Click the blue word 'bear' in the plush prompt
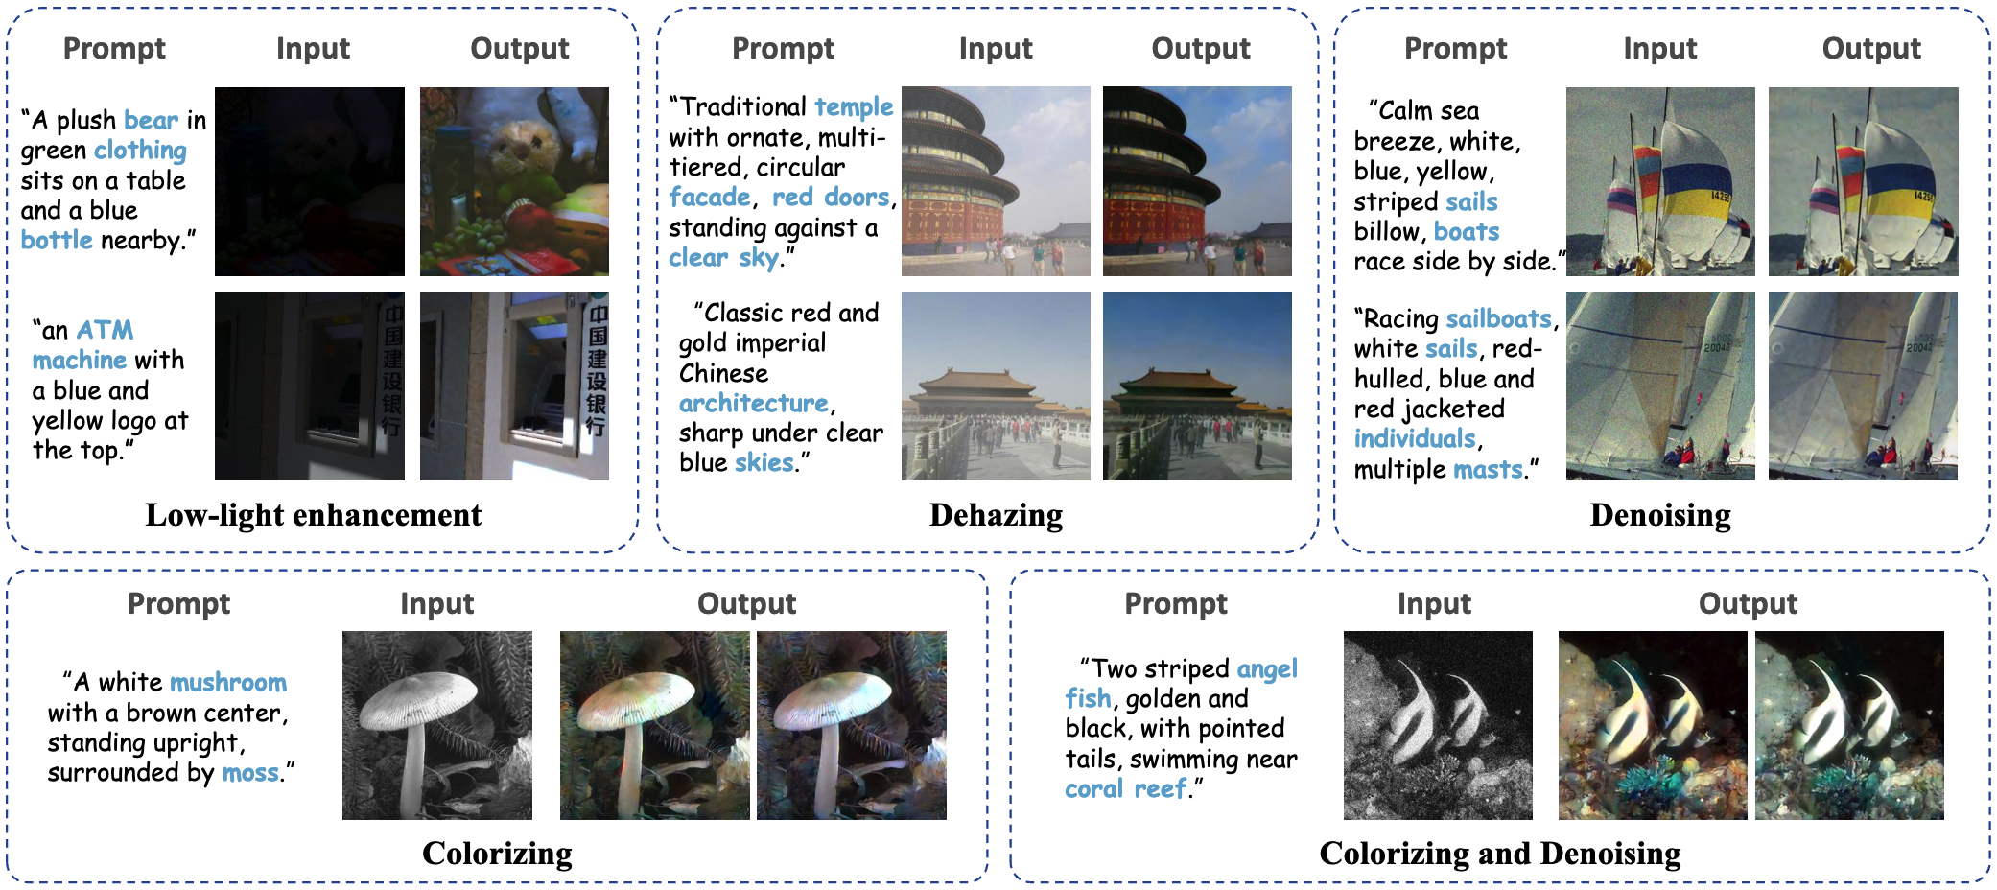pos(151,121)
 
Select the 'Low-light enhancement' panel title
pos(314,515)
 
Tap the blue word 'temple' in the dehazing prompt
pos(853,106)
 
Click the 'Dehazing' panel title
pos(996,515)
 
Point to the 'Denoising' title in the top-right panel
pos(1659,515)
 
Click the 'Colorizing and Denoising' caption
pos(1499,853)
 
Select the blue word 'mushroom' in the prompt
pos(227,682)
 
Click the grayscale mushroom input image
pos(436,725)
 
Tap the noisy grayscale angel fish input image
pos(1437,725)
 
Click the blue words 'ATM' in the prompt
pos(105,330)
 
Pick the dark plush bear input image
pos(309,181)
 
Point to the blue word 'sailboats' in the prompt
pos(1498,318)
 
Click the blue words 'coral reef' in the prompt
pos(1126,789)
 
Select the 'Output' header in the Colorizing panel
pos(746,603)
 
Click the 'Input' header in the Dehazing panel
pos(996,48)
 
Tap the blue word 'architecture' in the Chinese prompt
pos(753,403)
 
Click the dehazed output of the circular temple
pos(1196,181)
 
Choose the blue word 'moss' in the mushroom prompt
pos(250,773)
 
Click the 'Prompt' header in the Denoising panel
pos(1455,48)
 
